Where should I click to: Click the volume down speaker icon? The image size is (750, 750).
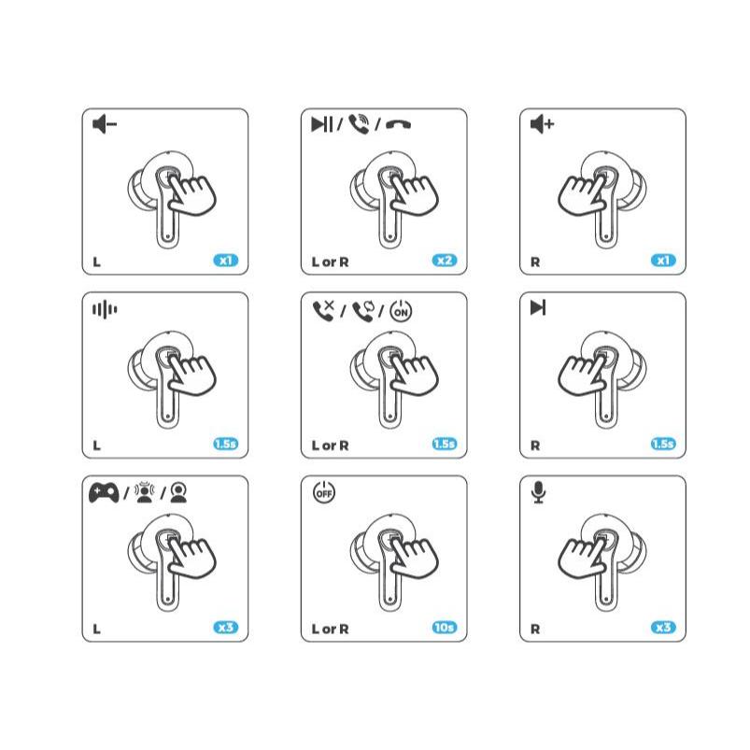click(x=105, y=124)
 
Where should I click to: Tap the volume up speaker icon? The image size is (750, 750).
click(x=542, y=124)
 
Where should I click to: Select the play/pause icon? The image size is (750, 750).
click(x=321, y=124)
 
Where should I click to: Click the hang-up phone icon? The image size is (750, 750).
click(x=398, y=125)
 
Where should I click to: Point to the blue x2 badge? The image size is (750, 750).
click(x=445, y=261)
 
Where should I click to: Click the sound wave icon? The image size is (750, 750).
click(x=105, y=309)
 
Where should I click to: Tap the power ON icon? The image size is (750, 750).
click(x=401, y=311)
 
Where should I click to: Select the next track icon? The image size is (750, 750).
click(x=538, y=307)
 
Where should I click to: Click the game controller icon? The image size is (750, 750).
click(x=104, y=492)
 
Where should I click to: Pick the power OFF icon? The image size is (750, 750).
click(x=324, y=492)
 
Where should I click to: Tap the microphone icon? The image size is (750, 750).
click(x=539, y=492)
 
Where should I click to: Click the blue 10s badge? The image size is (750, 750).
click(x=445, y=627)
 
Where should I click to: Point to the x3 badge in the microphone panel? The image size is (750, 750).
click(x=663, y=627)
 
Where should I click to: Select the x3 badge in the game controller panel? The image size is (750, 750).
click(x=225, y=627)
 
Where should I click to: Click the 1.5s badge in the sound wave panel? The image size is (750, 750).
click(x=225, y=444)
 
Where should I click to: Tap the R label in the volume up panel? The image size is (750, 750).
click(x=535, y=262)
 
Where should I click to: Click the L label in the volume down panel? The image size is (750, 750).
click(x=96, y=262)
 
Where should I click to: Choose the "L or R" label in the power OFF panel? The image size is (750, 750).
click(x=330, y=629)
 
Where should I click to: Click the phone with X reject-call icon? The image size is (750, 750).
click(x=324, y=311)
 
